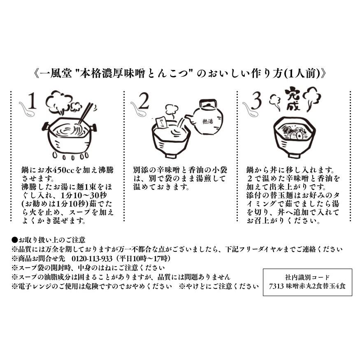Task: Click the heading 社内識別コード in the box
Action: point(307,277)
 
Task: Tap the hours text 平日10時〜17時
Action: point(142,258)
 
